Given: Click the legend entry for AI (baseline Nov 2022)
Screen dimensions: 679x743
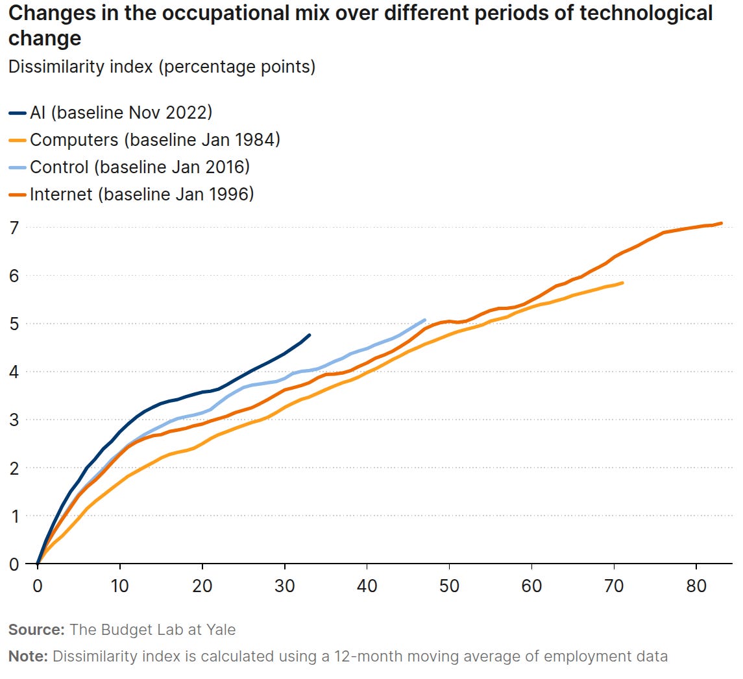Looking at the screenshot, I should click(x=121, y=112).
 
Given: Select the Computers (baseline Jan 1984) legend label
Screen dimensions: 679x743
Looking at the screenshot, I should click(x=154, y=139).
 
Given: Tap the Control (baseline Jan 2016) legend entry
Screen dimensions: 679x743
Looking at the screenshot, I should click(x=140, y=167).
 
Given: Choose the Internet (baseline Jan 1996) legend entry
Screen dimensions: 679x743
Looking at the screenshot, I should click(x=141, y=194).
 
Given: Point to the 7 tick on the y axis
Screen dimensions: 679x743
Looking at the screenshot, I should click(x=13, y=227).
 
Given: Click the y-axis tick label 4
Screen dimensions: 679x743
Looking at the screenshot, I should click(x=13, y=372).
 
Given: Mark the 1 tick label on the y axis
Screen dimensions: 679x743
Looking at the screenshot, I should click(x=13, y=516).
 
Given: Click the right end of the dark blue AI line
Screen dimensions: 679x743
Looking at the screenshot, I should click(x=309, y=335).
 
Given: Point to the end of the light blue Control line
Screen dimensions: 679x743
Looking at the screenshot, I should click(x=424, y=320).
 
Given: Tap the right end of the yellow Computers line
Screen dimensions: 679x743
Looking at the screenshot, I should click(x=622, y=283).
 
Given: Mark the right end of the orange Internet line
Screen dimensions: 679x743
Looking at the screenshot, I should click(x=721, y=223).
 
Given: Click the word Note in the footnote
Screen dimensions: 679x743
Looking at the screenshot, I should click(x=28, y=656).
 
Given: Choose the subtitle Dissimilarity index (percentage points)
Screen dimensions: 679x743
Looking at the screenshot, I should click(x=162, y=67).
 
